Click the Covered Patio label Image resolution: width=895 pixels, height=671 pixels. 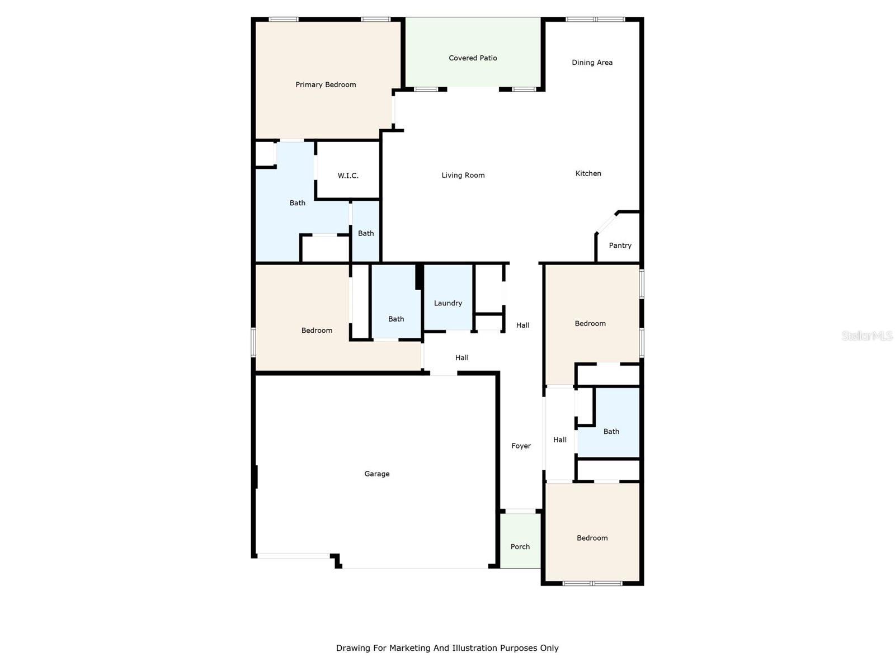pyautogui.click(x=473, y=58)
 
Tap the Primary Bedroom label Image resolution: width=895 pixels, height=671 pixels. pyautogui.click(x=326, y=85)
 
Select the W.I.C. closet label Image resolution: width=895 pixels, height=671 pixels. pyautogui.click(x=348, y=176)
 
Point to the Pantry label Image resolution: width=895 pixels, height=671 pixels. pyautogui.click(x=620, y=245)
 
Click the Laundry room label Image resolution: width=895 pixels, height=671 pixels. pyautogui.click(x=448, y=303)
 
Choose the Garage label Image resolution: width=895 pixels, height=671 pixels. pyautogui.click(x=376, y=474)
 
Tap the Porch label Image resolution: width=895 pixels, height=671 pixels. pyautogui.click(x=520, y=547)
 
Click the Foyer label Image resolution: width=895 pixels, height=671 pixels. pyautogui.click(x=521, y=446)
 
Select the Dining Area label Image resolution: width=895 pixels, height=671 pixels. pyautogui.click(x=592, y=63)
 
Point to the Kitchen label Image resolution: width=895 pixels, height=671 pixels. pyautogui.click(x=588, y=173)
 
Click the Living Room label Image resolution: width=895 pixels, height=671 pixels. pyautogui.click(x=463, y=175)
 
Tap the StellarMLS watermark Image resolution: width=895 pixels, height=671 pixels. pyautogui.click(x=866, y=335)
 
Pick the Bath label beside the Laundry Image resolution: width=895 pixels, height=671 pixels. pyautogui.click(x=396, y=319)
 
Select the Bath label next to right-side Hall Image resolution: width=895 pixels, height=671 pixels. pyautogui.click(x=611, y=432)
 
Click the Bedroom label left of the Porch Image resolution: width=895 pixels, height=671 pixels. pyautogui.click(x=592, y=538)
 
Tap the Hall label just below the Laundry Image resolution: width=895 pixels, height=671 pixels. pyautogui.click(x=461, y=358)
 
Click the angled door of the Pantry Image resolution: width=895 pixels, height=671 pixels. pyautogui.click(x=606, y=222)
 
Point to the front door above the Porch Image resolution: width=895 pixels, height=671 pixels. pyautogui.click(x=520, y=511)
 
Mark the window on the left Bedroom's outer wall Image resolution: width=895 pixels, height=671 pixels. pyautogui.click(x=253, y=342)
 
